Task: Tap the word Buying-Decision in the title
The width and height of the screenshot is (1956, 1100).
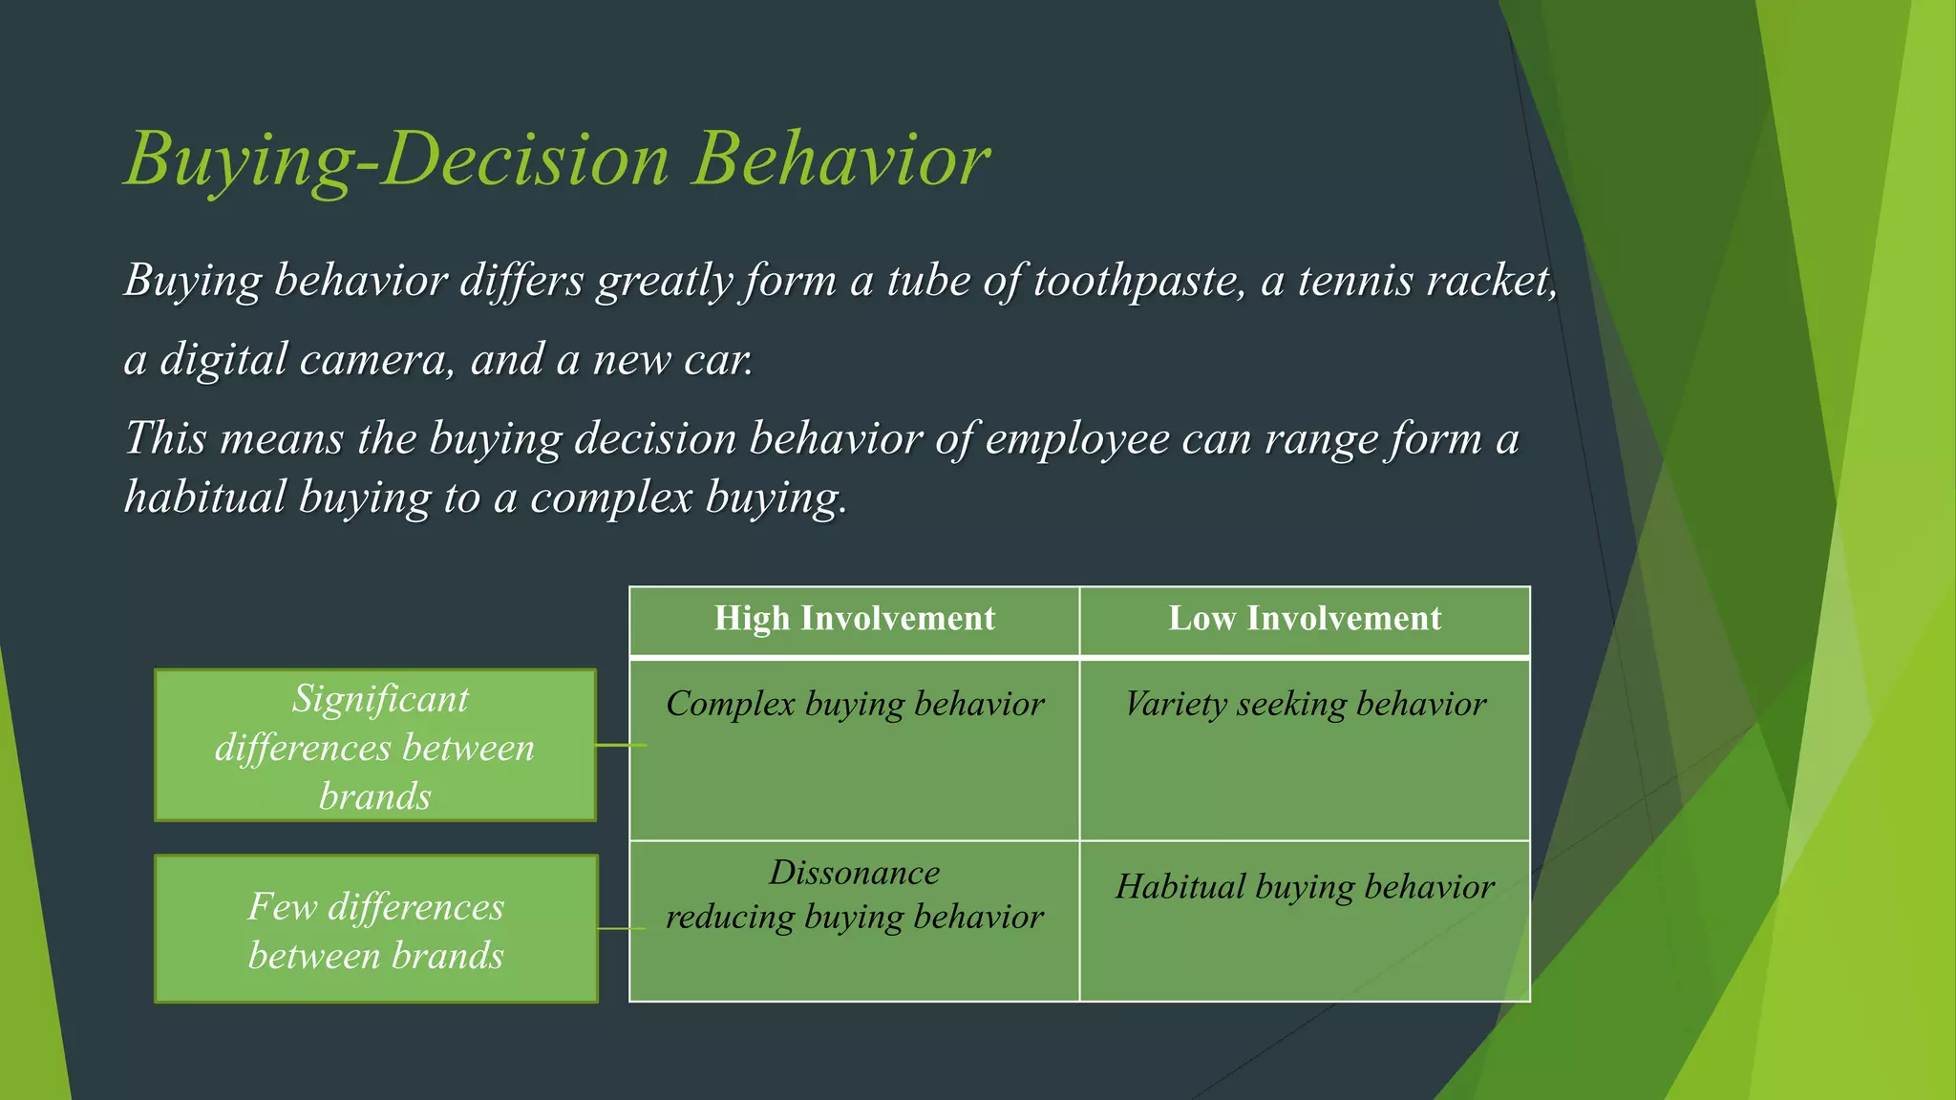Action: click(397, 159)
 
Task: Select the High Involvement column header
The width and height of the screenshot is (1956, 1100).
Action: click(854, 619)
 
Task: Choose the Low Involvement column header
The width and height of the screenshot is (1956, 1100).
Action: click(1305, 619)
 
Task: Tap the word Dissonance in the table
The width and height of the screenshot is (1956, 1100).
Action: click(854, 873)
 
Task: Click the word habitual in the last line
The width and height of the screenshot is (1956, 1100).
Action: click(204, 497)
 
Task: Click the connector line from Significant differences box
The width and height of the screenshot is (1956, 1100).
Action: click(621, 745)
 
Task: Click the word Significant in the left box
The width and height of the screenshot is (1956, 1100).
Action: click(380, 699)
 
